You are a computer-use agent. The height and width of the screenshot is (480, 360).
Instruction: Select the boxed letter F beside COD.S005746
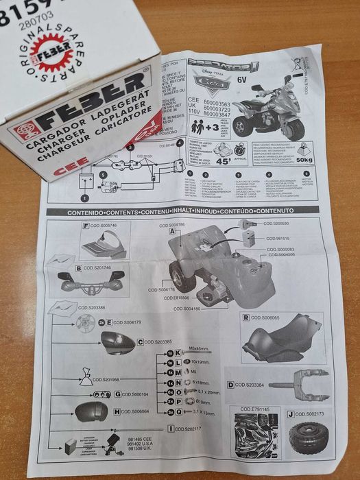(86, 226)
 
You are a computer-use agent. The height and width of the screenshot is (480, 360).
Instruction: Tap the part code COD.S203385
(158, 341)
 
